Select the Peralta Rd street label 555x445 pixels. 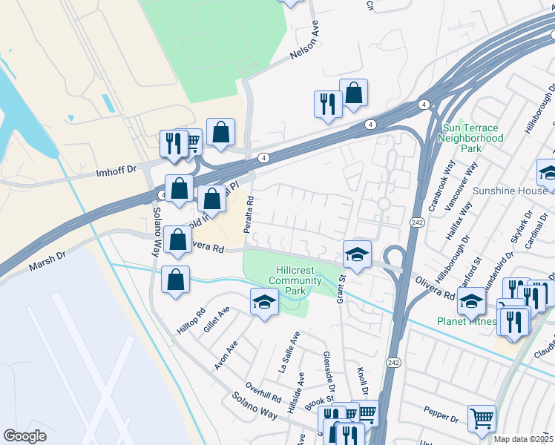coord(251,211)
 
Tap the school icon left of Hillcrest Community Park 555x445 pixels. coord(263,301)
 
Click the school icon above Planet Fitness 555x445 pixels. coord(470,300)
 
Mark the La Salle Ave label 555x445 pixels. coord(289,352)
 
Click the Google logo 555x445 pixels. coord(24,436)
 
